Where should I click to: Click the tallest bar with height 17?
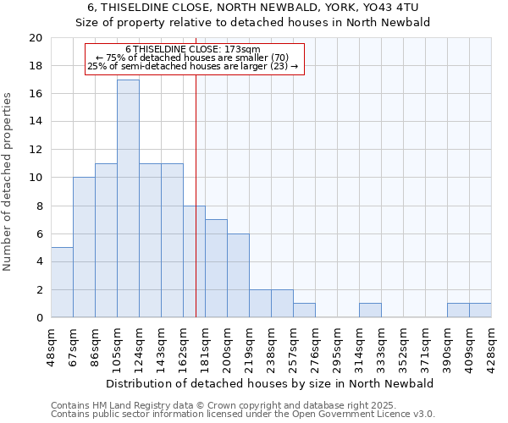pos(128,199)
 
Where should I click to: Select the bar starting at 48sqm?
pos(62,283)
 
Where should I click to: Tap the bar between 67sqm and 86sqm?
pos(84,247)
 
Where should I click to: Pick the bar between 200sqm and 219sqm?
pos(238,276)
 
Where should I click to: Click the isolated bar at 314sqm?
pos(370,310)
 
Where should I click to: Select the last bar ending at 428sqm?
pos(480,310)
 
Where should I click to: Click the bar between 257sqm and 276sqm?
pos(304,310)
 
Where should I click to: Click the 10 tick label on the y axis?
pos(35,178)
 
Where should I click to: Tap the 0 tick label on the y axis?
pos(38,318)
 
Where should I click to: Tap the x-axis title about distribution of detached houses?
pos(271,383)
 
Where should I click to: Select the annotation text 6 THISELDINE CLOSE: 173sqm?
pos(193,50)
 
